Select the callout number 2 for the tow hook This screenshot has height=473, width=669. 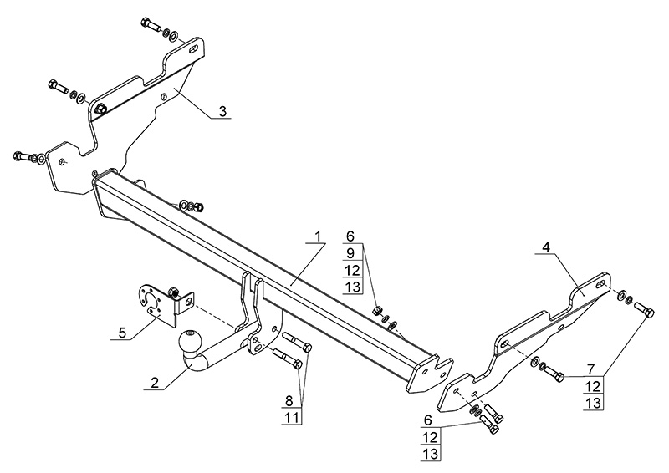pyautogui.click(x=154, y=384)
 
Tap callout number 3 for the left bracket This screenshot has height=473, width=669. pyautogui.click(x=222, y=110)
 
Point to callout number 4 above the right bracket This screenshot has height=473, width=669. pyautogui.click(x=545, y=247)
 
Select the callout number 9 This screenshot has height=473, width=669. pyautogui.click(x=351, y=252)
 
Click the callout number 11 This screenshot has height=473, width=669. pyautogui.click(x=289, y=415)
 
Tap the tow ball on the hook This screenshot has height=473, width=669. pyautogui.click(x=190, y=342)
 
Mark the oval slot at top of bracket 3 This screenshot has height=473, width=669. pyautogui.click(x=195, y=50)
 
